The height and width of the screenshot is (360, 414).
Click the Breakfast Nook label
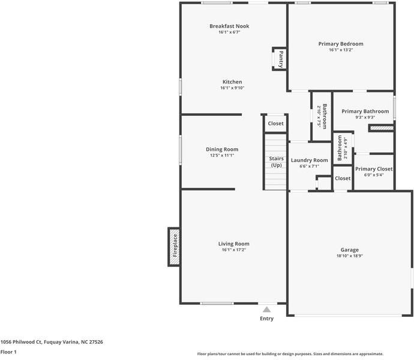tap(229, 26)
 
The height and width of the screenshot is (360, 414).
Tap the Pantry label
tap(281, 59)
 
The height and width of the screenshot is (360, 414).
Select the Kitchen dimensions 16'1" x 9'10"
tap(232, 88)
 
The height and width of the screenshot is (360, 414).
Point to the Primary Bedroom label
tap(341, 44)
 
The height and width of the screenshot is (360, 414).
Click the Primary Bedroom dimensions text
tap(341, 50)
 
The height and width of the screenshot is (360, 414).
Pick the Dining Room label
tap(222, 149)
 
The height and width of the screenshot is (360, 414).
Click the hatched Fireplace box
tap(174, 247)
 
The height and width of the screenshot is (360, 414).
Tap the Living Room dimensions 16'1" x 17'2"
tap(233, 250)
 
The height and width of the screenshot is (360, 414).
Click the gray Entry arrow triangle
tap(266, 309)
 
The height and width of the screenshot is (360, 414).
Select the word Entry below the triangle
tap(266, 319)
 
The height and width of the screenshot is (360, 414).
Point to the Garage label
tap(350, 250)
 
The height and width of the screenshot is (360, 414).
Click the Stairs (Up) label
tap(276, 161)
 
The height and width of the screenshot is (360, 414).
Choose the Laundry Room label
tap(309, 160)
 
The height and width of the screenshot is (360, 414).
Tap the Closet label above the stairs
tap(275, 124)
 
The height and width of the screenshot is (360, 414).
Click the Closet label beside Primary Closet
tap(343, 178)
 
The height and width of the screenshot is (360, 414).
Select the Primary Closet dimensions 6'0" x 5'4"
tap(374, 175)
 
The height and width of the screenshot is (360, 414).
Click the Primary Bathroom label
tap(365, 111)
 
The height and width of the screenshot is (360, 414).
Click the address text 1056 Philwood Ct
tap(21, 342)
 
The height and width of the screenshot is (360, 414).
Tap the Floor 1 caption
tap(8, 352)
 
